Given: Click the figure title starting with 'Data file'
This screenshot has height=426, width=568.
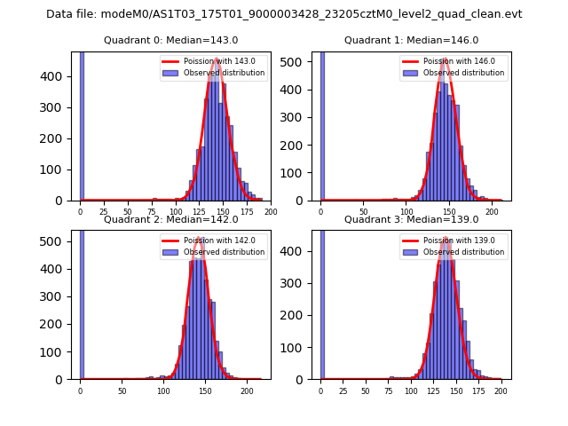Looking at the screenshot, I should pyautogui.click(x=284, y=14).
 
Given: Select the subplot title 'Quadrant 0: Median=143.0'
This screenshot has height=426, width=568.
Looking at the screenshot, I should pyautogui.click(x=170, y=40).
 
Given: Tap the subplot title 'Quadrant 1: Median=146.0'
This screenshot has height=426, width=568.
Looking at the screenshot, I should pyautogui.click(x=411, y=40).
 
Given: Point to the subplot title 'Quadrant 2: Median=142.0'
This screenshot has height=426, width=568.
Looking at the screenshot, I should pyautogui.click(x=170, y=219).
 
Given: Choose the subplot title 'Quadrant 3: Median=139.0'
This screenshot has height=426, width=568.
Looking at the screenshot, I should pyautogui.click(x=411, y=219).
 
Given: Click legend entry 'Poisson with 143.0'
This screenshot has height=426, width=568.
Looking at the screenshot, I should pyautogui.click(x=212, y=61).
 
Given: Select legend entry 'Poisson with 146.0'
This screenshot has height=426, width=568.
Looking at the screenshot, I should pyautogui.click(x=453, y=61).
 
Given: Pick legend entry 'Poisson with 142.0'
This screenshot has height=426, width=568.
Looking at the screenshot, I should pyautogui.click(x=212, y=241).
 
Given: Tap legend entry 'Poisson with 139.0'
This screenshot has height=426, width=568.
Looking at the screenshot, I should pyautogui.click(x=453, y=241).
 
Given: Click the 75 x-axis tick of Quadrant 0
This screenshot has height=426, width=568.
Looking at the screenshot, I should pyautogui.click(x=152, y=212).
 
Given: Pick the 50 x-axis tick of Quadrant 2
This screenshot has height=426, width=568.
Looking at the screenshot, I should pyautogui.click(x=122, y=390).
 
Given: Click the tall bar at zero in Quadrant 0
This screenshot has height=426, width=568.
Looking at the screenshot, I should pyautogui.click(x=82, y=124).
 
